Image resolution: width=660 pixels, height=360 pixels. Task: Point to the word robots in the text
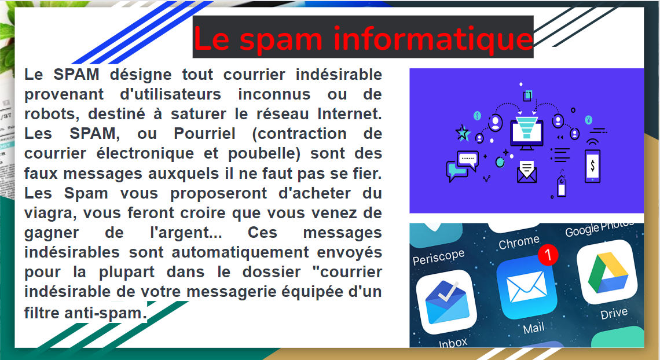point(50,114)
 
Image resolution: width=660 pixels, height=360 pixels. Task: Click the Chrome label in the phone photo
point(519,242)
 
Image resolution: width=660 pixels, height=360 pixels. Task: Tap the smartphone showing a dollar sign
point(592,166)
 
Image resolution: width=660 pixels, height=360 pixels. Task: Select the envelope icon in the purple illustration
point(526,172)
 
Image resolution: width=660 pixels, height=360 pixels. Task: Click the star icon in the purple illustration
point(463,133)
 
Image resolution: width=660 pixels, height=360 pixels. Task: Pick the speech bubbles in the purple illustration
point(461,164)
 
